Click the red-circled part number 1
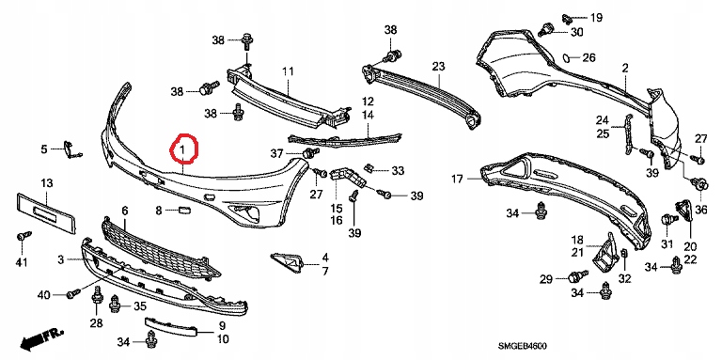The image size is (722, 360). point(181,149)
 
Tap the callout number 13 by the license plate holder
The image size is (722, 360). point(47,183)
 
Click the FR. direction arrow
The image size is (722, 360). point(41,337)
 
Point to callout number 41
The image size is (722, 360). point(22,262)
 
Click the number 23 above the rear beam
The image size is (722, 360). point(438,66)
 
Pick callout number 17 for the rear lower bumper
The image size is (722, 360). point(457,180)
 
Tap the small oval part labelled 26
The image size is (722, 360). point(565,58)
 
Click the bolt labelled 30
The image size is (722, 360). point(545,28)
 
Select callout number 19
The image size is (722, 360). point(596,18)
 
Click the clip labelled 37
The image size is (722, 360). point(309,153)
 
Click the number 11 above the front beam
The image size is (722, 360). point(288,71)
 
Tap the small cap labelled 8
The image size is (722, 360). point(184,211)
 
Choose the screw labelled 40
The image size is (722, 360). point(73,293)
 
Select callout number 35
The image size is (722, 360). point(139,306)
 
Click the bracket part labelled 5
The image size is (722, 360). point(71,149)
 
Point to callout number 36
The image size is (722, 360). point(700,211)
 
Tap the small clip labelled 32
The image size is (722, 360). point(625,254)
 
